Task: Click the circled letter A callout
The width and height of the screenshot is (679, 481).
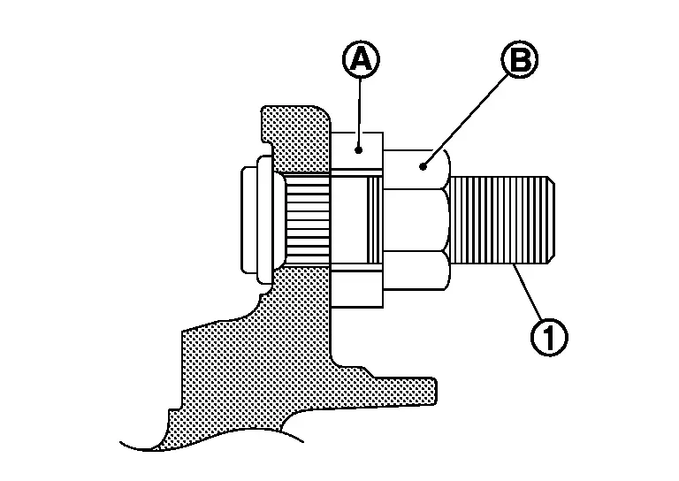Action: pyautogui.click(x=359, y=59)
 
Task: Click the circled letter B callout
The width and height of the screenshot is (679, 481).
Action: pyautogui.click(x=519, y=59)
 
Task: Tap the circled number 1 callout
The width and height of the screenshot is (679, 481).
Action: pyautogui.click(x=549, y=336)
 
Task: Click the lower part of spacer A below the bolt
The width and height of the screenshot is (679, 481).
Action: pyautogui.click(x=359, y=287)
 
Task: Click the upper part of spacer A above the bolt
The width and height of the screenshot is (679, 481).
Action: pyautogui.click(x=359, y=155)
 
